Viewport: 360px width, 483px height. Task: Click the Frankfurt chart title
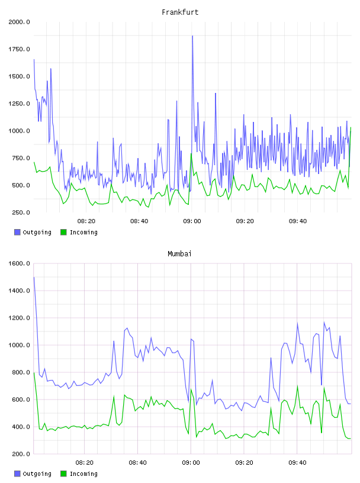coord(180,12)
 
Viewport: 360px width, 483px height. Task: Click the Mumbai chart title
coord(179,254)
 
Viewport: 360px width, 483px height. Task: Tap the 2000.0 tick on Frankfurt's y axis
coord(19,22)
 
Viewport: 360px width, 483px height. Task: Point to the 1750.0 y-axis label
coord(19,49)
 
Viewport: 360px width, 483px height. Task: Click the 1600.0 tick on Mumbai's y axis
coord(19,263)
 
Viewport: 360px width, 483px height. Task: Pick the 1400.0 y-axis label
coord(19,291)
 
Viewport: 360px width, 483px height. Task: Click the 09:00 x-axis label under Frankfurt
coord(192,221)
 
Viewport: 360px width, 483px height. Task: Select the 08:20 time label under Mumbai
coord(85,463)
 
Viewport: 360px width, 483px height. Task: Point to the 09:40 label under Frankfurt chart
coord(298,221)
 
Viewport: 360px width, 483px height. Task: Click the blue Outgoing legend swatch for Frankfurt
coord(17,232)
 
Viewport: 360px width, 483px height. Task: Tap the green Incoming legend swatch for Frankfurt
coord(63,232)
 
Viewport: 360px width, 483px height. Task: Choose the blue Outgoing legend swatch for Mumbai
coord(17,474)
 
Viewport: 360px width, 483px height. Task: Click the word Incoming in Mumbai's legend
coord(83,474)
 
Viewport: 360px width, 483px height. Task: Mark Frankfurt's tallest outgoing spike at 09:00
coord(192,36)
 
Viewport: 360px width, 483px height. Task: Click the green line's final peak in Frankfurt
coord(351,127)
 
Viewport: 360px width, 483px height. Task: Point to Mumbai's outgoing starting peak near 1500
coord(34,277)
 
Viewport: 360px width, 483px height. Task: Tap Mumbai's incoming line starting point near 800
coord(34,373)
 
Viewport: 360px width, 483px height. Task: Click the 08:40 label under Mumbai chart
coord(138,463)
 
